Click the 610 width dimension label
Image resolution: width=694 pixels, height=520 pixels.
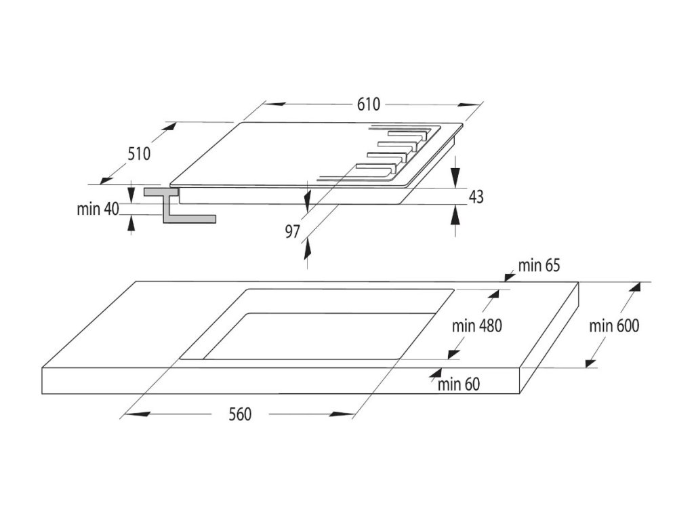point(369,104)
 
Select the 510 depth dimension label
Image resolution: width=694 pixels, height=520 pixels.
point(138,154)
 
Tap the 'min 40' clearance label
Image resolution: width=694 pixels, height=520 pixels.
point(98,209)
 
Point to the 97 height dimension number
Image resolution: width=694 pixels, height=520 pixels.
point(292,232)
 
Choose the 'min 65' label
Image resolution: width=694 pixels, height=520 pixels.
point(539,265)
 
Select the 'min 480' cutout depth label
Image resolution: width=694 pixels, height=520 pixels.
point(477,325)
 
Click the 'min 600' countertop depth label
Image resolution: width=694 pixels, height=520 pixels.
point(613,325)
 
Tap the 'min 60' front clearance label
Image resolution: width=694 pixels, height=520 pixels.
point(458,385)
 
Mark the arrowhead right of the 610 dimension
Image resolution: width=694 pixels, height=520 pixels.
point(469,105)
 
